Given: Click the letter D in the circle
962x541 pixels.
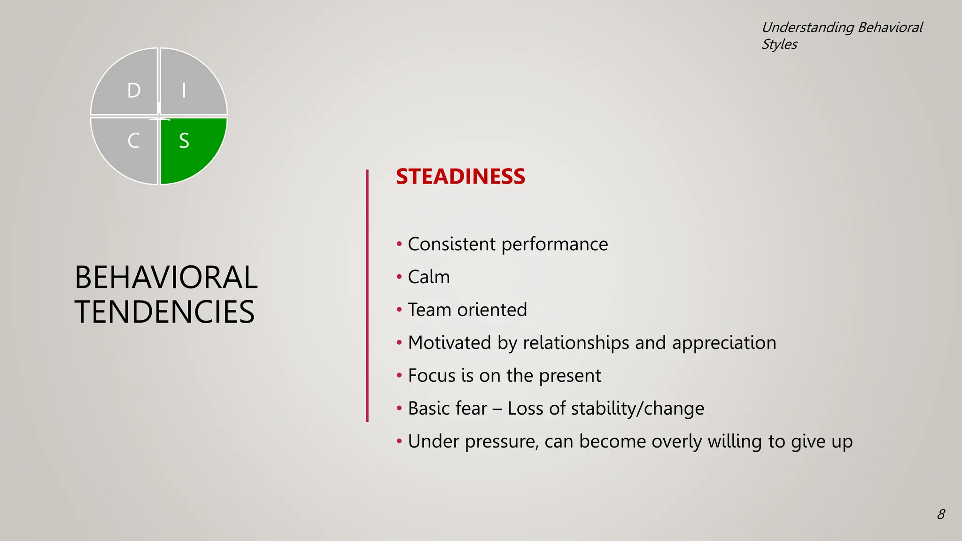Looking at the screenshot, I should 134,90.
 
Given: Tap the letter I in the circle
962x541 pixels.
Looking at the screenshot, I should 184,90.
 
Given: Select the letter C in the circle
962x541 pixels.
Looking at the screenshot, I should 134,140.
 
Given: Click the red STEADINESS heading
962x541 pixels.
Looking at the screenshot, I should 460,177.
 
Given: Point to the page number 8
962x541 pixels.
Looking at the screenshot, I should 941,514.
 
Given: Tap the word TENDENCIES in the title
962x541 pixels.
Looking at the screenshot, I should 164,312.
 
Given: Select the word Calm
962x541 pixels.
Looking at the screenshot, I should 429,277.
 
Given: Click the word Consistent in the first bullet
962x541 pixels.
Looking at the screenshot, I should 451,244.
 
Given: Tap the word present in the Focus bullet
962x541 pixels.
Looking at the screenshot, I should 570,376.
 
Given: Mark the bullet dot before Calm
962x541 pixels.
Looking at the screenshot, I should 399,277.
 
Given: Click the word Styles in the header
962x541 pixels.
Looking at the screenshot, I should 779,45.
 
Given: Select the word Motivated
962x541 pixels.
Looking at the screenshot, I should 450,343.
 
